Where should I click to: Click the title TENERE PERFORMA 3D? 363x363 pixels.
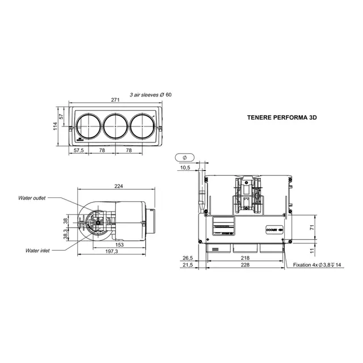281,120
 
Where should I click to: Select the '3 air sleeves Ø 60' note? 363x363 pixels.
150,94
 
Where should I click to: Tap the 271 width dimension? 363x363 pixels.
116,99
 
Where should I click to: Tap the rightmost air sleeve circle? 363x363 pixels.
143,125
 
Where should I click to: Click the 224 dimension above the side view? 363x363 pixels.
119,187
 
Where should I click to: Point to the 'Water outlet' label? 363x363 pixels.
31,198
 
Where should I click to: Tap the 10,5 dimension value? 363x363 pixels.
185,168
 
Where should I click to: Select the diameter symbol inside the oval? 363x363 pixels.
185,157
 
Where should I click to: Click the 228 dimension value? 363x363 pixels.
244,264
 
